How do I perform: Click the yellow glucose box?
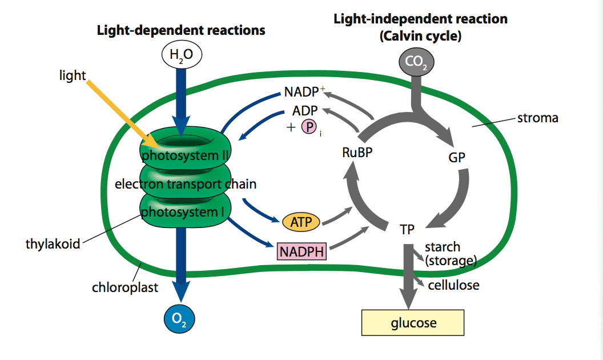point(413,323)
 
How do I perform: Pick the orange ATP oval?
point(301,222)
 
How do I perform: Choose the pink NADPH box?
point(301,251)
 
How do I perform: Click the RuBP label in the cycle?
point(358,153)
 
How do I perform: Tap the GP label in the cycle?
point(457,158)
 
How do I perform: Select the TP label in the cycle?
point(407,229)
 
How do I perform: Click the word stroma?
point(537,119)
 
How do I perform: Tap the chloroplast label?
point(125,287)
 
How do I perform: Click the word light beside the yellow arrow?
point(73,75)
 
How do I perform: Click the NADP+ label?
point(304,93)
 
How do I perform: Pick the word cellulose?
point(453,285)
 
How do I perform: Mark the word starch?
point(443,247)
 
